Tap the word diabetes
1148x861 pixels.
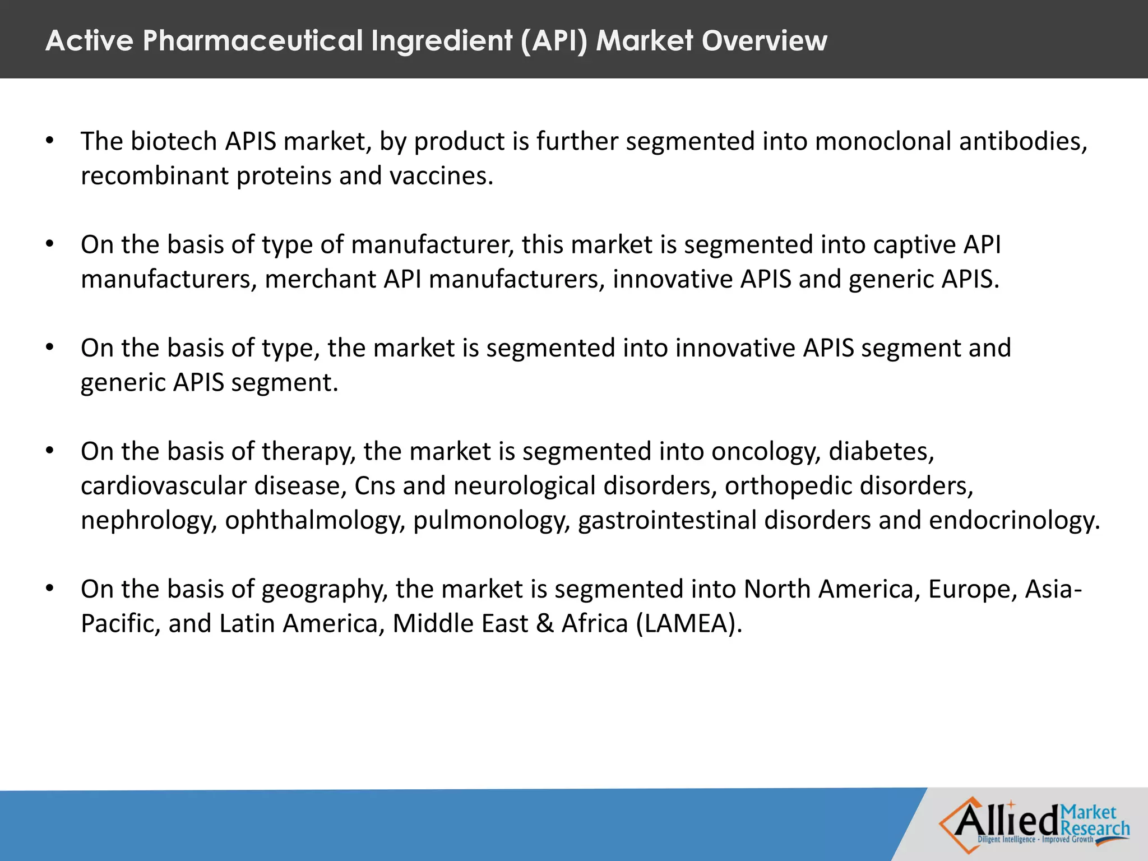tap(882, 451)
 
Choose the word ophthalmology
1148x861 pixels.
tap(314, 521)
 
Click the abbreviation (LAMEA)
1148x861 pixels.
tap(689, 624)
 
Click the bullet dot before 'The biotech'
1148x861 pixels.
tap(50, 141)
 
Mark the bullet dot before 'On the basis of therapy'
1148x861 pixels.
tap(50, 451)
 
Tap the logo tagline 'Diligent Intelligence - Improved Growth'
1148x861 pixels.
tap(1035, 840)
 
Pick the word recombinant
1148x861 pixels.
tap(155, 176)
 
